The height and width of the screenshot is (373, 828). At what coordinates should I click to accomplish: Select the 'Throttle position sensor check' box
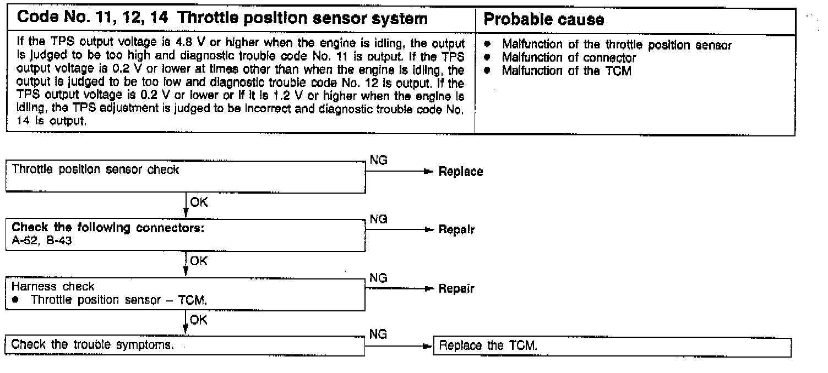pos(186,176)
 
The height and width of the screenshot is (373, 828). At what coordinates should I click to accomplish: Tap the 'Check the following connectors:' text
pos(108,227)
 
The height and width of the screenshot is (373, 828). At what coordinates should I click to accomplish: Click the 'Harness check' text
pos(53,287)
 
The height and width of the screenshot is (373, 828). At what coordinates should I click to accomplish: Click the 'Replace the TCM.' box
pos(612,346)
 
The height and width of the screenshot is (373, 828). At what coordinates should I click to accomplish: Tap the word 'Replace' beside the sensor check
pos(461,172)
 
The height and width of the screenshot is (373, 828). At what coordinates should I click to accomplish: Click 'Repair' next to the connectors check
pos(456,230)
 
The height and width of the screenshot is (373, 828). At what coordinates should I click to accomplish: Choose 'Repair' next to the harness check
pos(456,289)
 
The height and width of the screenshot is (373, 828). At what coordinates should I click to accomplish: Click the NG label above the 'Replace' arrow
pos(379,160)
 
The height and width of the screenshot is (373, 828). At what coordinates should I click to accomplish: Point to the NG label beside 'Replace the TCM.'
pos(378,334)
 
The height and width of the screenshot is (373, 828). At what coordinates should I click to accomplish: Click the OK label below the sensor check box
pos(198,202)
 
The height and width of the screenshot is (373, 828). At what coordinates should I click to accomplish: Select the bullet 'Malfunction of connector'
pos(569,58)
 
